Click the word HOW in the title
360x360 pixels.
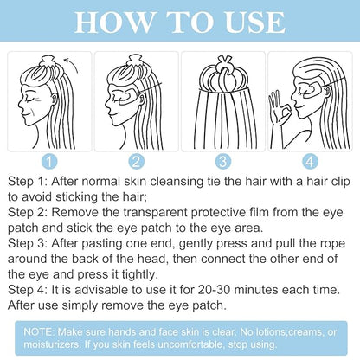113,22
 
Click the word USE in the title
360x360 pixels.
255,22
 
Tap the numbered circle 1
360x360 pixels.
49,161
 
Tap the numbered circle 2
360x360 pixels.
136,161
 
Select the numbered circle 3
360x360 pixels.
223,161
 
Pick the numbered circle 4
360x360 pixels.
310,161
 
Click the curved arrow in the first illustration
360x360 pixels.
73,66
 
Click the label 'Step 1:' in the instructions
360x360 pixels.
27,182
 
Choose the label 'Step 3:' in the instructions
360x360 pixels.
27,243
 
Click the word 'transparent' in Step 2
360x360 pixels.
155,213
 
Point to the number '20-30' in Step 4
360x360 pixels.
214,290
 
